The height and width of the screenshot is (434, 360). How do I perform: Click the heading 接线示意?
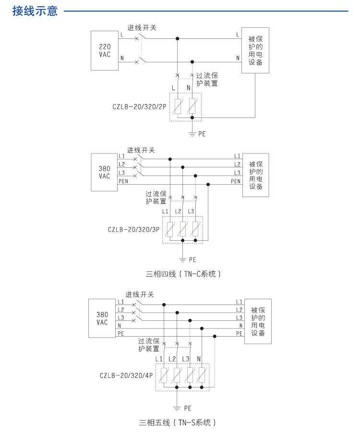tap(35, 11)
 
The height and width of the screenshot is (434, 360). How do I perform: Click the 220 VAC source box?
tap(105, 50)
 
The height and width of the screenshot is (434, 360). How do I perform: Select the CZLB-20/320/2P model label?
tap(139, 106)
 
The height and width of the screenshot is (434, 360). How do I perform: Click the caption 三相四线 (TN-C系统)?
tap(183, 274)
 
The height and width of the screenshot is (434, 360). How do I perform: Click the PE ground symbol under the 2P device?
tap(192, 133)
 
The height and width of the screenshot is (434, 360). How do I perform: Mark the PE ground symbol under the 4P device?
tap(177, 408)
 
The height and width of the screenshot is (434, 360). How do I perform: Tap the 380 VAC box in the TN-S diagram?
tap(102, 318)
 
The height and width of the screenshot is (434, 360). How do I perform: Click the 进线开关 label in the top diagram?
tap(142, 28)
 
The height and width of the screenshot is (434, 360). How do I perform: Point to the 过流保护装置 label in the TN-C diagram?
tap(156, 198)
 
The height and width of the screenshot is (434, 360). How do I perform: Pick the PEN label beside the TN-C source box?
tap(123, 181)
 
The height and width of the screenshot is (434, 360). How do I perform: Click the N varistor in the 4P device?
tap(202, 375)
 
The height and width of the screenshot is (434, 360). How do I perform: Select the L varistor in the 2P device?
tap(178, 106)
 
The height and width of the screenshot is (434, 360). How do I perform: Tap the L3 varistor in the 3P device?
tap(195, 229)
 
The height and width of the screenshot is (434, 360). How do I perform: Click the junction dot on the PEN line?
tap(208, 184)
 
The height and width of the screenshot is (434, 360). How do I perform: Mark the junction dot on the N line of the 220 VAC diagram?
tap(192, 61)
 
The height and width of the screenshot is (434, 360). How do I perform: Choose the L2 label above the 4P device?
tap(172, 359)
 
